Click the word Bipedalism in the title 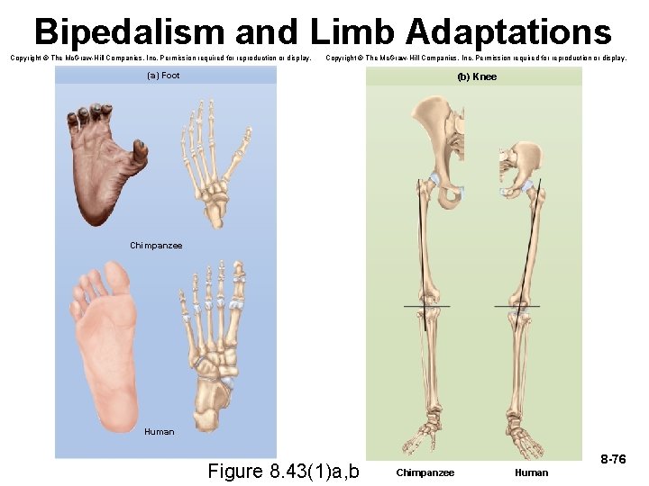coord(129,32)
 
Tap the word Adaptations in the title coord(508,32)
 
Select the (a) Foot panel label coord(163,76)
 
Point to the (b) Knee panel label coord(477,76)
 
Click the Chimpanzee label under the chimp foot coord(156,246)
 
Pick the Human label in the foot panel coord(160,432)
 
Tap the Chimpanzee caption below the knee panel coord(425,472)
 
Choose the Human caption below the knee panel coord(531,472)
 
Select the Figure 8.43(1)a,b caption coord(283,471)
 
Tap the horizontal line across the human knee coord(517,307)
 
